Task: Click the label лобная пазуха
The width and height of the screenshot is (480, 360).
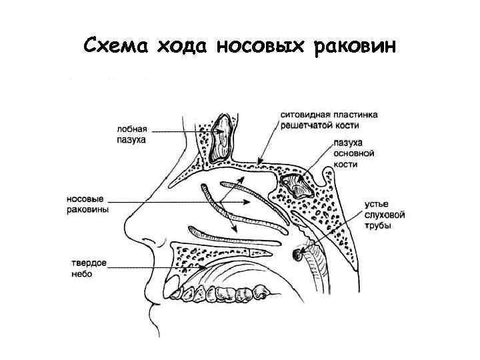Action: [x=131, y=135]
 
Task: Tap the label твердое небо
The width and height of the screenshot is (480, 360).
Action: [x=87, y=269]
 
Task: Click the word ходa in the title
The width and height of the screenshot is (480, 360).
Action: [x=179, y=47]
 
